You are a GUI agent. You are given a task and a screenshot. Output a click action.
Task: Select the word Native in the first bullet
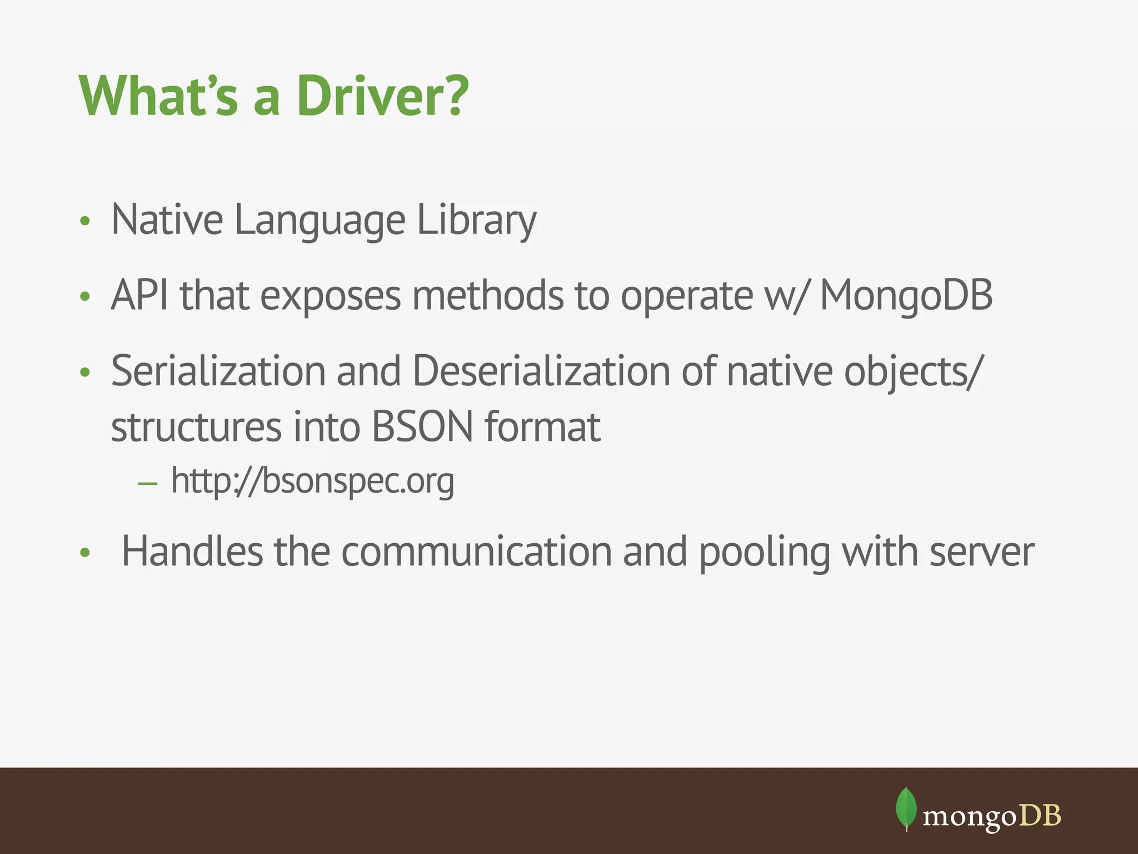tap(167, 220)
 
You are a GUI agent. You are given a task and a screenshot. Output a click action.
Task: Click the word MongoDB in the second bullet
tap(906, 295)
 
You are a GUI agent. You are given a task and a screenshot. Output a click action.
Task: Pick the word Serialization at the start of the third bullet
tap(218, 371)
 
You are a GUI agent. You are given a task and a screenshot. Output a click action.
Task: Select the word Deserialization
tap(541, 371)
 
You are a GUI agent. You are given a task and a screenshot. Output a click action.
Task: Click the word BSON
tap(422, 427)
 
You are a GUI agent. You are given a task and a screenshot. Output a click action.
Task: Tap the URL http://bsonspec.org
tap(312, 481)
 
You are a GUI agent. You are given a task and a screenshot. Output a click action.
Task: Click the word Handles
tap(192, 552)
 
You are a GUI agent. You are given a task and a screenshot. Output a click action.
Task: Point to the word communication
tap(476, 552)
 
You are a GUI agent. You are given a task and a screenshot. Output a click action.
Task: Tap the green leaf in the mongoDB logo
tap(906, 808)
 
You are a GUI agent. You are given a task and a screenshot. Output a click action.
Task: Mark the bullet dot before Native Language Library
tap(84, 221)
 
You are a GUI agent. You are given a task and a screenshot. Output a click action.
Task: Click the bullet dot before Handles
tap(84, 553)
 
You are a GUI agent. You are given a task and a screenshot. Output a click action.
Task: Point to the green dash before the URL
tap(148, 483)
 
